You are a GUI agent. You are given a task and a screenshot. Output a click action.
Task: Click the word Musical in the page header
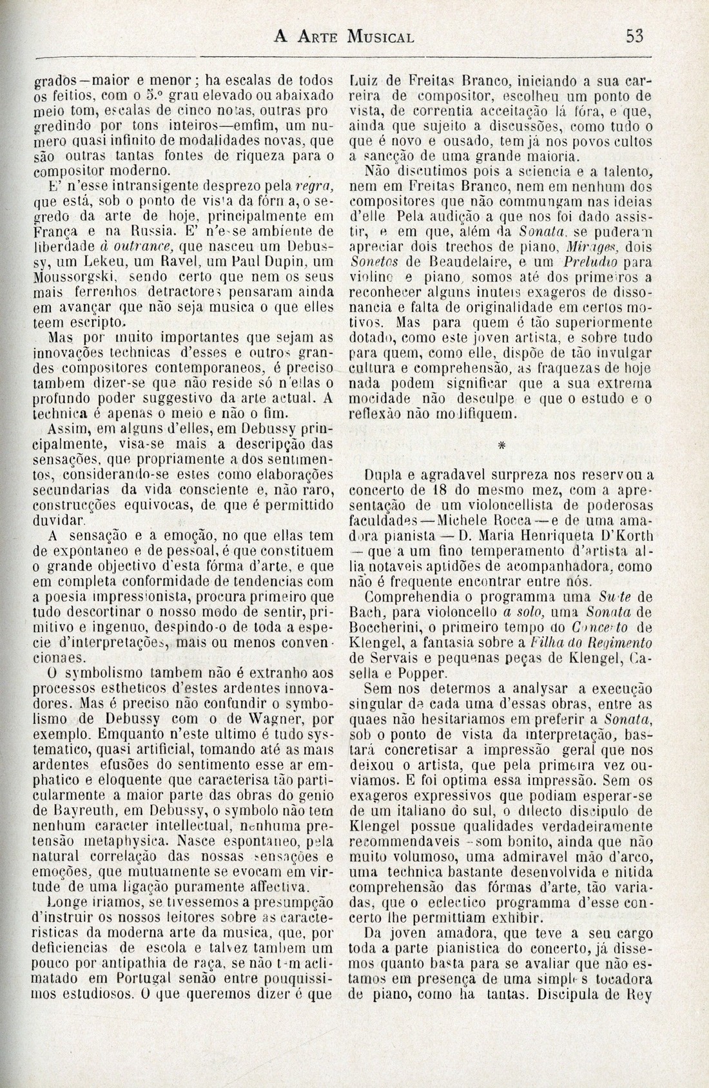click(380, 36)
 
